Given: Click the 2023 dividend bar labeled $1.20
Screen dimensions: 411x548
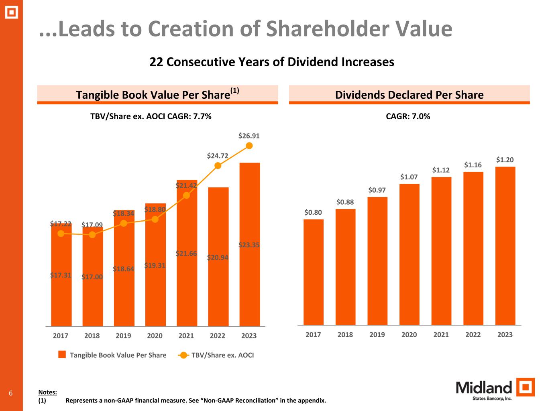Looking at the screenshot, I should (505, 246).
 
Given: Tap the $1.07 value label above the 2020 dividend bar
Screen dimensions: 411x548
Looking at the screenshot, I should (409, 177).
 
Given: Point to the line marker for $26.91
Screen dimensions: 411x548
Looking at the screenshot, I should (249, 146).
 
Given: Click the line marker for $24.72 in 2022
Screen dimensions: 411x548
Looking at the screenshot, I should (218, 165).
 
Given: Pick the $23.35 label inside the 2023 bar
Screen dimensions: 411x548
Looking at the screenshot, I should (249, 245).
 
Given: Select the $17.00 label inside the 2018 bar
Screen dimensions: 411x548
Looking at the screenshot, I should (92, 277).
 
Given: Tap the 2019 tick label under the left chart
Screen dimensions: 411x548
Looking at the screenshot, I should (123, 336).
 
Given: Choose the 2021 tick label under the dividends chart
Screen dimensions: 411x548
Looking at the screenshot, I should (441, 335).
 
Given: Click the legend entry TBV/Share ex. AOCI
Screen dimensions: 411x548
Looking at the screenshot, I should (222, 355).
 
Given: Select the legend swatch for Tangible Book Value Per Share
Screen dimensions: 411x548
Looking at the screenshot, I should (62, 355).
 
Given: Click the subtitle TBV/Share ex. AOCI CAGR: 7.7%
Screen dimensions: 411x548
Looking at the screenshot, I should (151, 116).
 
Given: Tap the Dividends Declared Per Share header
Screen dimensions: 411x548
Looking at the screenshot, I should (409, 95).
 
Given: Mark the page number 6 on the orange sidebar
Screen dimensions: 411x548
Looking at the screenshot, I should (11, 393).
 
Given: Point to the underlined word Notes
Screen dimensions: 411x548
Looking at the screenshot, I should (47, 393).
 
